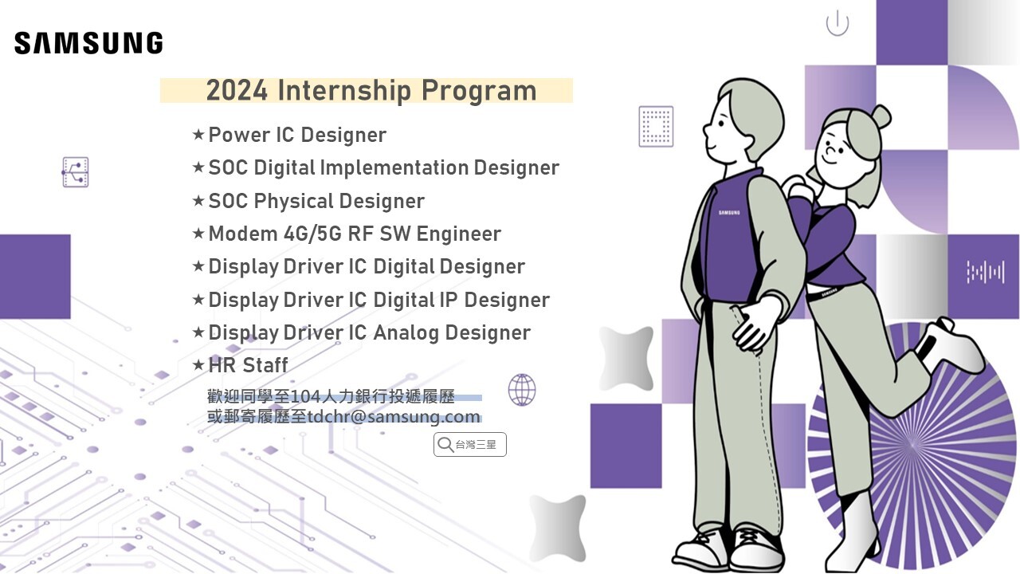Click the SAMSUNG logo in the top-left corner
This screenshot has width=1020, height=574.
(88, 43)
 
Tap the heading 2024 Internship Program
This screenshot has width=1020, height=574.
(371, 91)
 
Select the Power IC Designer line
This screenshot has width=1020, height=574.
(297, 135)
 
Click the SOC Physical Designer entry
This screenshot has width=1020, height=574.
(316, 201)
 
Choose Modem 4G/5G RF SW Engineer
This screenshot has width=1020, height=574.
(355, 234)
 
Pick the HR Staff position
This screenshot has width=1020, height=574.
(248, 365)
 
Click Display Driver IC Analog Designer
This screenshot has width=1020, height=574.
(369, 332)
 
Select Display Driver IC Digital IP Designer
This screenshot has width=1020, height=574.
(379, 300)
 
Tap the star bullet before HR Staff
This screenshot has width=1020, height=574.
(198, 364)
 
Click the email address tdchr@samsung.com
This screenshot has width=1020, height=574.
(394, 416)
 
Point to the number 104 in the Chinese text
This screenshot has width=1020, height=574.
(305, 397)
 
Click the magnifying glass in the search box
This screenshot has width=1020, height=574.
(445, 444)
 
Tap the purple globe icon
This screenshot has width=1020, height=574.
(522, 390)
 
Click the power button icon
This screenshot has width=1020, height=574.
(838, 23)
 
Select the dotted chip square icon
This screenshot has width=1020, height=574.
(656, 127)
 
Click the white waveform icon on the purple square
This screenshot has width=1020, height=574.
(986, 272)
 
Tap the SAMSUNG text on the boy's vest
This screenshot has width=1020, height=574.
(729, 213)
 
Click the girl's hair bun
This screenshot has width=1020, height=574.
(881, 116)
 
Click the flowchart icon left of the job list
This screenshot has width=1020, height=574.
(76, 172)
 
